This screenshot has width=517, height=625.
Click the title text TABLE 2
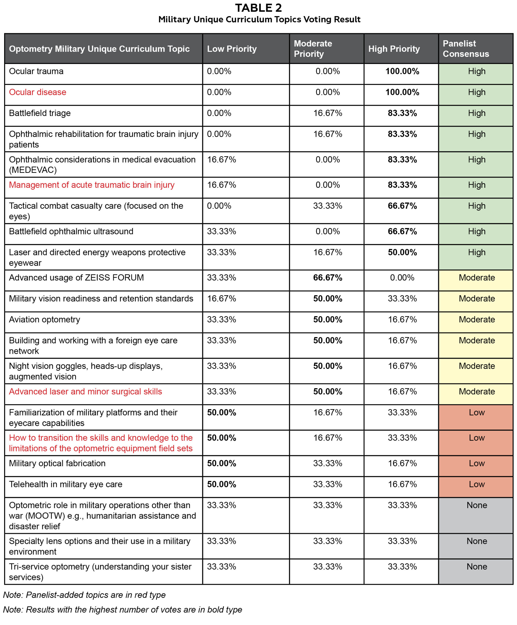coord(258,8)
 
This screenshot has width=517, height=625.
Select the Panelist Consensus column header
coord(466,49)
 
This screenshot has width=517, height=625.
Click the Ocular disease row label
coord(38,92)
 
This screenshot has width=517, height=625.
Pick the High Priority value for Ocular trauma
coord(402,72)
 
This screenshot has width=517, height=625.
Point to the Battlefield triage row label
coord(40,113)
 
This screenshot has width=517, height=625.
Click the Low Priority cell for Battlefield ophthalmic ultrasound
coord(221,231)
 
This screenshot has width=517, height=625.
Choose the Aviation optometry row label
coord(45,319)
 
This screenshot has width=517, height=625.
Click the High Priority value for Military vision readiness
coord(402,299)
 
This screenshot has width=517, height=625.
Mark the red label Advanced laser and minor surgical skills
coord(86,391)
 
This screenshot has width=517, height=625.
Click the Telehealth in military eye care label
coord(66,484)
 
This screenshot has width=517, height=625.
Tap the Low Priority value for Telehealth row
coord(221,484)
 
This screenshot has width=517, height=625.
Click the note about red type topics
coord(84,595)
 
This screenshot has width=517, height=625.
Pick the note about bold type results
coord(122,610)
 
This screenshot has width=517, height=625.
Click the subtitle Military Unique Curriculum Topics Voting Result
coord(259,20)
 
